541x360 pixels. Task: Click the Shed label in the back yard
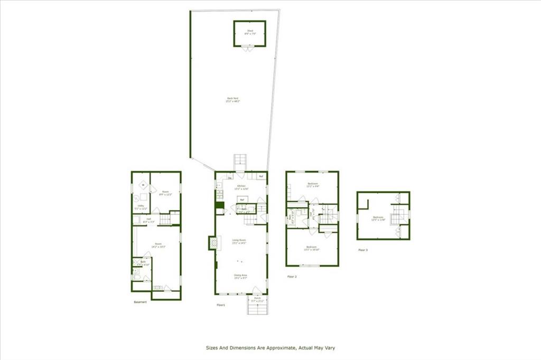coord(249,31)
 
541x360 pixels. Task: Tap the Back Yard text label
coord(230,99)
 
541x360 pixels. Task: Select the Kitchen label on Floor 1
coord(241,187)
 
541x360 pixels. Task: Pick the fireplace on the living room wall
coord(213,242)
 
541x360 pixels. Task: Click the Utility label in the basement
coord(141,206)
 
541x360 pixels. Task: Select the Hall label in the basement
coord(150,219)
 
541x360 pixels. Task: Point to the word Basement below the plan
coord(141,302)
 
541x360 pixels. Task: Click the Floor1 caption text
coord(221,305)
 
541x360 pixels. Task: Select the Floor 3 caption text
coord(363,250)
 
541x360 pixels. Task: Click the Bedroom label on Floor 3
coord(377,217)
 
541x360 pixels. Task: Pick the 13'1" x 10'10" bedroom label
coord(312,248)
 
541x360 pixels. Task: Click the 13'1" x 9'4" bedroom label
coord(313,185)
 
